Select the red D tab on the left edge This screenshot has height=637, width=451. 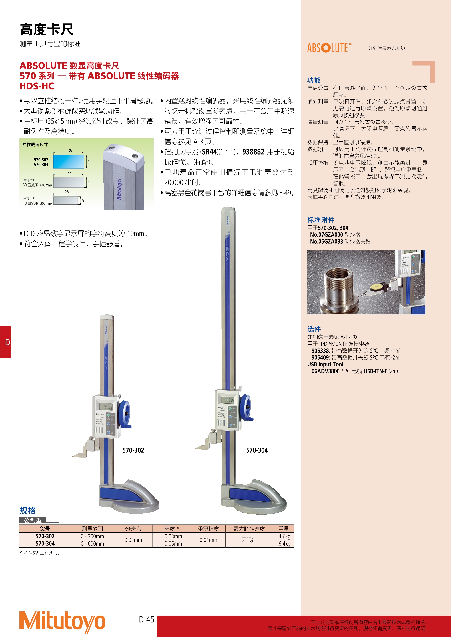(x=5, y=342)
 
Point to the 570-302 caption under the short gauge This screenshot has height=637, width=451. (x=133, y=450)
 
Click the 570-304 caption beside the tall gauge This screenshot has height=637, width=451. (x=257, y=450)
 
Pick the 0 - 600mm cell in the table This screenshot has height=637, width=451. (x=92, y=543)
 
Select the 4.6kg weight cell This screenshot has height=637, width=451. (x=284, y=536)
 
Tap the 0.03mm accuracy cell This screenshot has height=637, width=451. (x=173, y=536)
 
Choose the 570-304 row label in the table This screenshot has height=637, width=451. (x=45, y=543)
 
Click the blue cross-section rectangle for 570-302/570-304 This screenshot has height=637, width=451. (x=69, y=162)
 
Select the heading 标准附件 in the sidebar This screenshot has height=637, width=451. (x=321, y=220)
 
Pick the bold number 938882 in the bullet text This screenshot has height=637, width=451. (x=253, y=152)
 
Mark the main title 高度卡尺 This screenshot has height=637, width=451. (x=47, y=29)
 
